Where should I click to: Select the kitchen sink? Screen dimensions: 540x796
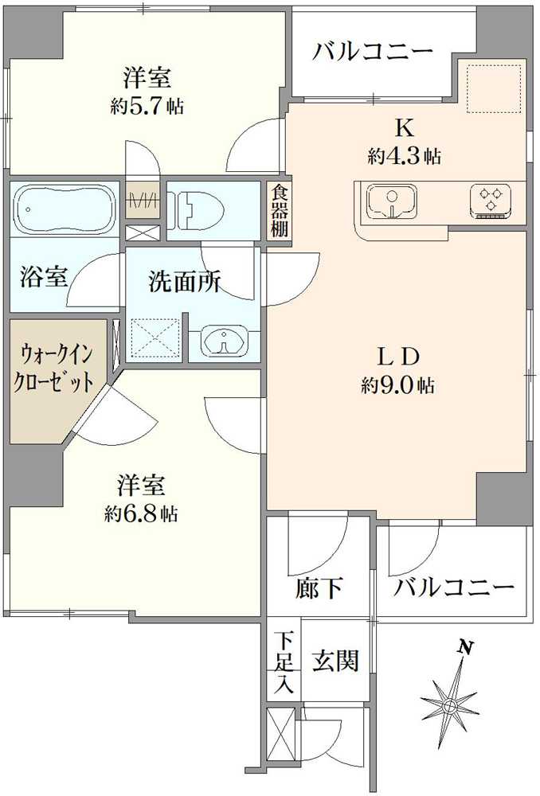(392, 201)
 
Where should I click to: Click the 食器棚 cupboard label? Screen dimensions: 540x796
(279, 211)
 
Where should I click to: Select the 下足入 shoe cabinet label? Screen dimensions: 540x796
(284, 662)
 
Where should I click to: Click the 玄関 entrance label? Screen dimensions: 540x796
(336, 661)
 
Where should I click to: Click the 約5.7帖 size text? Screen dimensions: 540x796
(147, 106)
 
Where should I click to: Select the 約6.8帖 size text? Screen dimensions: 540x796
(141, 515)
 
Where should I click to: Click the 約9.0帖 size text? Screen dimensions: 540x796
(397, 386)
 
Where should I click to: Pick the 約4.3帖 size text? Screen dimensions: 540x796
(405, 156)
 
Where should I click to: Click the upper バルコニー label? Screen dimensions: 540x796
(373, 52)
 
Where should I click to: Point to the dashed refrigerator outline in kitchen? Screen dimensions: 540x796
(495, 88)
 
